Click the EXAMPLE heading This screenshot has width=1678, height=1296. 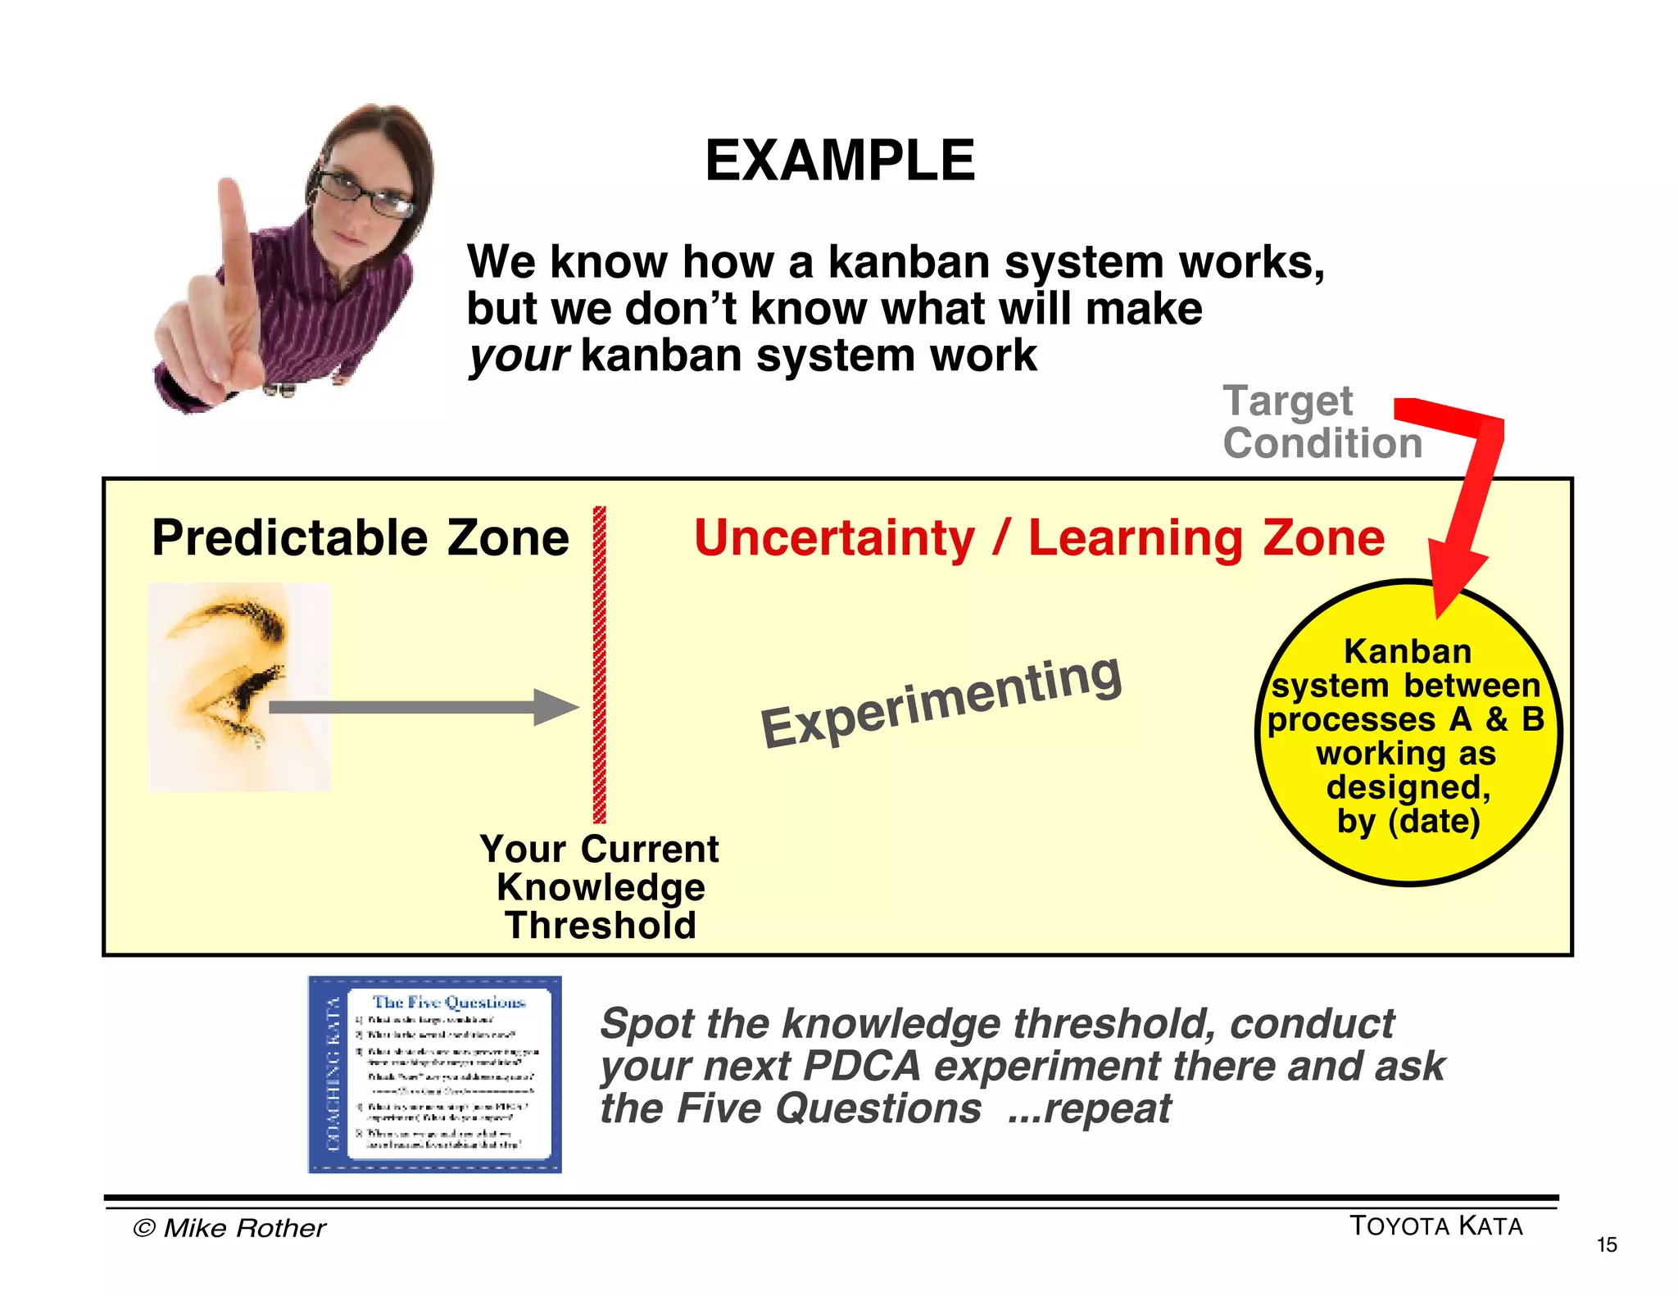tap(840, 161)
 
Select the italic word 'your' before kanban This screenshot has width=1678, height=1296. tap(518, 357)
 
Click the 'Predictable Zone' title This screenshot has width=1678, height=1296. tap(361, 538)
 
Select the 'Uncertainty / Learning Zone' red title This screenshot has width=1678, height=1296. tap(1039, 538)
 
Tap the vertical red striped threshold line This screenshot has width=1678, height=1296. tap(600, 664)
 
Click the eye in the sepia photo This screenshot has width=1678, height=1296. tap(246, 696)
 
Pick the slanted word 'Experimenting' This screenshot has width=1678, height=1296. tap(941, 703)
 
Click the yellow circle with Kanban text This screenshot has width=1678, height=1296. tap(1408, 733)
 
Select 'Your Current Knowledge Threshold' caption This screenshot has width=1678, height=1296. tap(600, 886)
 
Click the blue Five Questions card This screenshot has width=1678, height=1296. tap(434, 1074)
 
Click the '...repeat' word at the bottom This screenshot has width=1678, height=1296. tap(1090, 1109)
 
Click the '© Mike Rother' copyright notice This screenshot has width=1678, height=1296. tap(229, 1228)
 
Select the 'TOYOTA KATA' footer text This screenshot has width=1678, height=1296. tap(1435, 1226)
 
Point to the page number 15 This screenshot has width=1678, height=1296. tap(1607, 1245)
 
